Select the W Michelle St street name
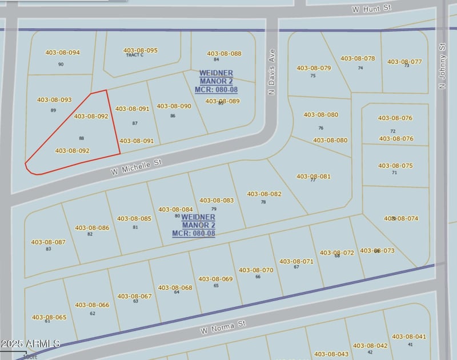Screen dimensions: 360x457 [137, 167]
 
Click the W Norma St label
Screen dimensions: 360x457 [223, 327]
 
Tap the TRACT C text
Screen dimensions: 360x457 [135, 55]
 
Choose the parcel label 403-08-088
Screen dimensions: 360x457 [223, 54]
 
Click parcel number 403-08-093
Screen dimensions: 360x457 [54, 100]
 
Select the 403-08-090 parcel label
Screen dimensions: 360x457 [174, 106]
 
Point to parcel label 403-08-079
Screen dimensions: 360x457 [314, 68]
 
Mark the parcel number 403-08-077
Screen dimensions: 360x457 [404, 62]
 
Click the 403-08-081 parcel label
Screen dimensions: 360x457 [313, 176]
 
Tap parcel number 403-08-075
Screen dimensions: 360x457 [395, 166]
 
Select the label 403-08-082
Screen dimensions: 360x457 [264, 194]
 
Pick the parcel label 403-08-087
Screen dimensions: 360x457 [48, 242]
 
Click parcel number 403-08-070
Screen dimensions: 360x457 [256, 270]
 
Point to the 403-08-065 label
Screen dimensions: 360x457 [49, 317]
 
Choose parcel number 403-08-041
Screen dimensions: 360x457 [409, 337]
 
